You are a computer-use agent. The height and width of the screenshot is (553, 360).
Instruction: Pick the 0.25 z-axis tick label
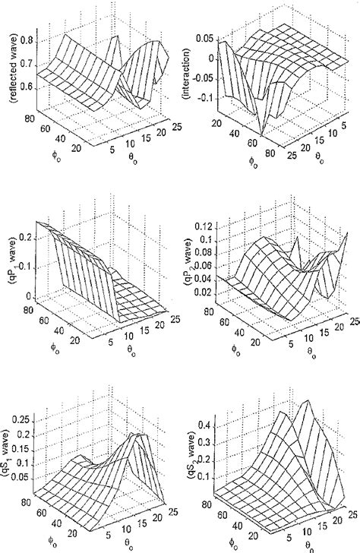tap(29, 419)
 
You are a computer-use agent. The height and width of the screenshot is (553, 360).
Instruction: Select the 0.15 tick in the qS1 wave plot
tap(29, 444)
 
